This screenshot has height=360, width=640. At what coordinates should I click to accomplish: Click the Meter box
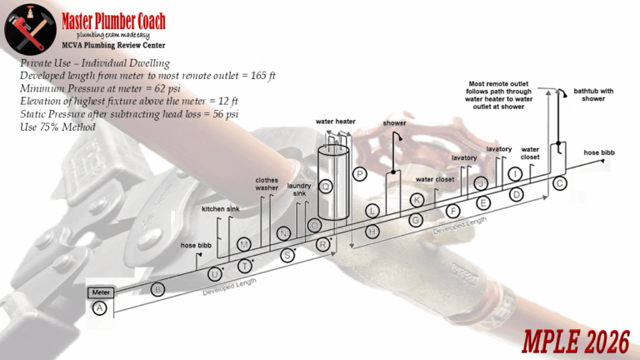(102, 292)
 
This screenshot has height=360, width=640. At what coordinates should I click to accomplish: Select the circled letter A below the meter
(100, 308)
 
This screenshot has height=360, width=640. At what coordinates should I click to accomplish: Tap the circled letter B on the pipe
(159, 289)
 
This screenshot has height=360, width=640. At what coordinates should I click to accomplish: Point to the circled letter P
(360, 174)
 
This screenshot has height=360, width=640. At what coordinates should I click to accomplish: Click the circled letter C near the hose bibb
(559, 182)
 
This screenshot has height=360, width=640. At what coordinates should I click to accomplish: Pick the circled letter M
(244, 244)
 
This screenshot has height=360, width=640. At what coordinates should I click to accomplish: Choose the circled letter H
(372, 229)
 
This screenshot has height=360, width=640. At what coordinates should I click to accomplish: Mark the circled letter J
(481, 182)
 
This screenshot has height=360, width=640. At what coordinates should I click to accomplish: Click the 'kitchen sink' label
(220, 209)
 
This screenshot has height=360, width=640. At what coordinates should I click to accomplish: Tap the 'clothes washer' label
(266, 183)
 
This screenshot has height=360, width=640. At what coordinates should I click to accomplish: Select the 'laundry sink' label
(299, 190)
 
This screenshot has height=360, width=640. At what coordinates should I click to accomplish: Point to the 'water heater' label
(336, 121)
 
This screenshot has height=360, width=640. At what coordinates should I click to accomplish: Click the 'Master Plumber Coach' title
(113, 21)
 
